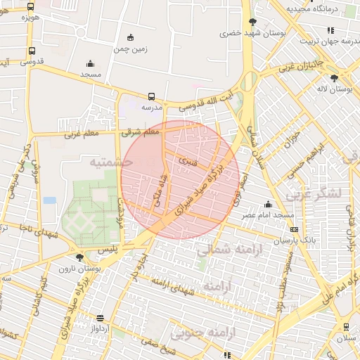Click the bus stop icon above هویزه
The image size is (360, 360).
pyautogui.click(x=30, y=6)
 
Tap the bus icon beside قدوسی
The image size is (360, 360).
pyautogui.click(x=32, y=51)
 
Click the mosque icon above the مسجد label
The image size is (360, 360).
pyautogui.click(x=90, y=63)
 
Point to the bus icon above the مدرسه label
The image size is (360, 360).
pyautogui.click(x=152, y=97)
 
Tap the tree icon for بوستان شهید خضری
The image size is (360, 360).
pyautogui.click(x=252, y=22)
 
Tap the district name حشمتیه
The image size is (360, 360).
pyautogui.click(x=110, y=162)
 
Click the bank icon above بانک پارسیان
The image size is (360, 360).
pyautogui.click(x=294, y=229)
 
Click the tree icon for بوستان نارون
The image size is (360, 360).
pyautogui.click(x=80, y=257)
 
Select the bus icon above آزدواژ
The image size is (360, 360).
pyautogui.click(x=99, y=318)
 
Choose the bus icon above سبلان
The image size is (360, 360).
pyautogui.click(x=346, y=327)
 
